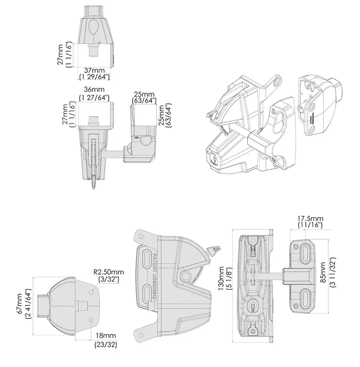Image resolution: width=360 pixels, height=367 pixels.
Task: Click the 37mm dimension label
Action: click(x=94, y=70)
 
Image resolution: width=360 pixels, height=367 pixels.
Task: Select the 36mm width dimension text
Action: click(x=94, y=90)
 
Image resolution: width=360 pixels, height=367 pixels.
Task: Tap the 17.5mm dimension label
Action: click(x=310, y=218)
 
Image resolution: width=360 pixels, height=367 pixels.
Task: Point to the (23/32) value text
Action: click(x=105, y=344)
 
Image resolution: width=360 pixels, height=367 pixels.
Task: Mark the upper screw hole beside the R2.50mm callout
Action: click(x=91, y=291)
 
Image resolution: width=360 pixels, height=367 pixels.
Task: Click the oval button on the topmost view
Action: click(x=95, y=29)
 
